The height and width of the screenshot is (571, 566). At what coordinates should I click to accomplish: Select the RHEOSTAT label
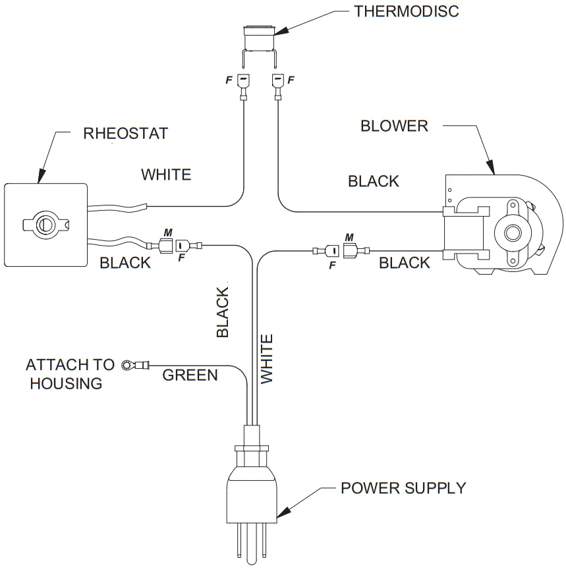click(x=125, y=134)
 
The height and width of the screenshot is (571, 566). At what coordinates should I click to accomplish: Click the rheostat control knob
click(x=45, y=223)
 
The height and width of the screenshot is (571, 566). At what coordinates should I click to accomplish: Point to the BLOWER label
click(x=394, y=126)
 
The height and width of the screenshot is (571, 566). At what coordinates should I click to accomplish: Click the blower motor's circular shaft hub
click(x=511, y=232)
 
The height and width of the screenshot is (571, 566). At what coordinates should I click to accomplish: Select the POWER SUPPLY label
click(x=403, y=488)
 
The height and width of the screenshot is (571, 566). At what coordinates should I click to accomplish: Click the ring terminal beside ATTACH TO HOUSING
click(x=127, y=365)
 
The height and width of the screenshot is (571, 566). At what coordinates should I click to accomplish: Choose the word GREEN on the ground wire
click(x=190, y=375)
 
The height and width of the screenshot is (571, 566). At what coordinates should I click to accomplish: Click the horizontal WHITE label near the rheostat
click(x=166, y=175)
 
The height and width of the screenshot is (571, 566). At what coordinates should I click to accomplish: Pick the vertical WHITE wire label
click(x=266, y=359)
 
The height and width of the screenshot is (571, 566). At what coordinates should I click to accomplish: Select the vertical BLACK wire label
click(x=223, y=313)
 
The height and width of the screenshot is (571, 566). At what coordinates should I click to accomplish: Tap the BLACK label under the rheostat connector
click(x=125, y=263)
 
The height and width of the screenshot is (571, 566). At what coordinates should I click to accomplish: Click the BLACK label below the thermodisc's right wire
click(x=374, y=181)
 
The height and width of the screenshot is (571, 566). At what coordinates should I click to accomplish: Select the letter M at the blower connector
click(x=349, y=237)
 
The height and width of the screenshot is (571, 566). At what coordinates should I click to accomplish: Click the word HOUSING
click(x=65, y=383)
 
